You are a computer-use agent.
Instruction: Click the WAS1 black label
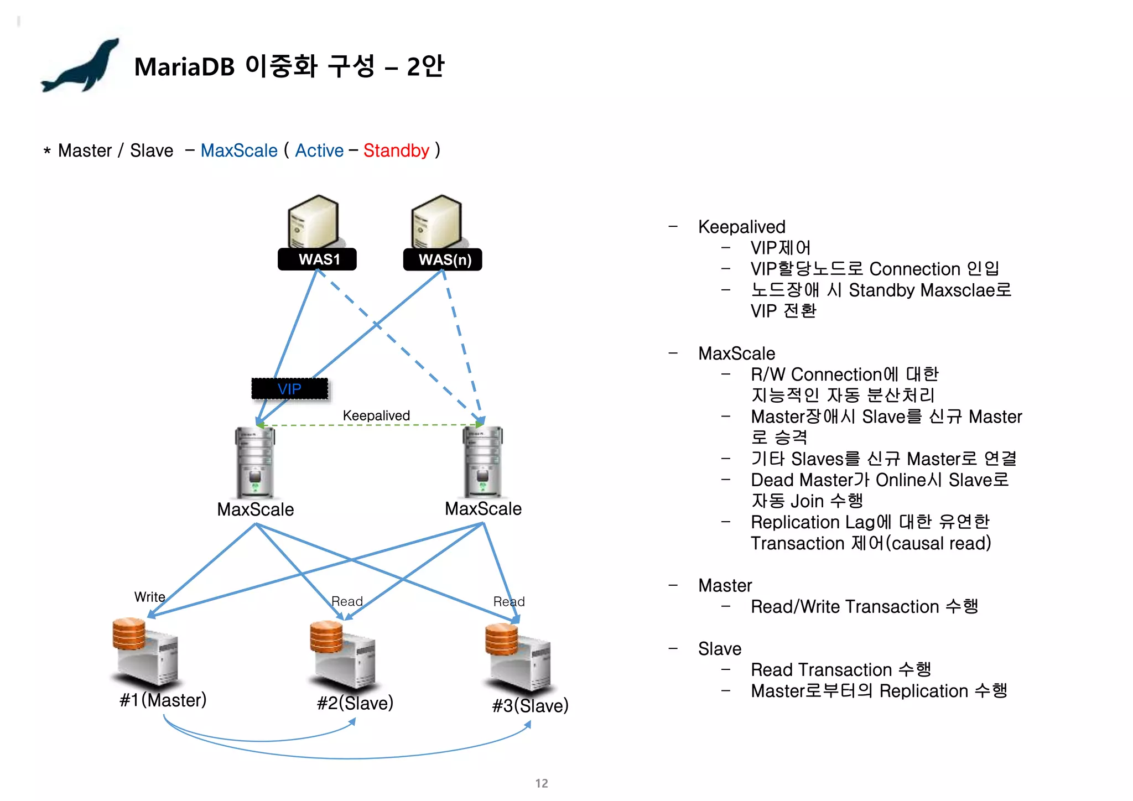tap(317, 259)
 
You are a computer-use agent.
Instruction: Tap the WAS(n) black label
tap(443, 260)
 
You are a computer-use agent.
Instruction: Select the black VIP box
tap(289, 389)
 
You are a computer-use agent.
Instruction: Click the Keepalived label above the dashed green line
tap(376, 415)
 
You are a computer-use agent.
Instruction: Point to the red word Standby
tap(396, 150)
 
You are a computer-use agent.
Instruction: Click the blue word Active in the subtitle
tap(319, 150)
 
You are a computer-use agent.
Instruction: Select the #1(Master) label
tap(163, 700)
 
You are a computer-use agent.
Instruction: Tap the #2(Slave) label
tap(355, 703)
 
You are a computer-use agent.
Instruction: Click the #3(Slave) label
tap(530, 706)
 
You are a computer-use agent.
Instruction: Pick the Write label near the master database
tap(149, 597)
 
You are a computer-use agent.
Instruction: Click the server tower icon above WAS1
tap(313, 221)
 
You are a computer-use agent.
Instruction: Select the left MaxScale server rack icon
tap(254, 462)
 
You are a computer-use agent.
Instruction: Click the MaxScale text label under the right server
tap(483, 509)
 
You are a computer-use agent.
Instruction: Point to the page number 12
tap(542, 783)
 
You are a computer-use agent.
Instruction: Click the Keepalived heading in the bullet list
tap(741, 227)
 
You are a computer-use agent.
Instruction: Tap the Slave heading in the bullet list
tap(719, 649)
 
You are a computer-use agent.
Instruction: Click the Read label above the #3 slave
tap(508, 601)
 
